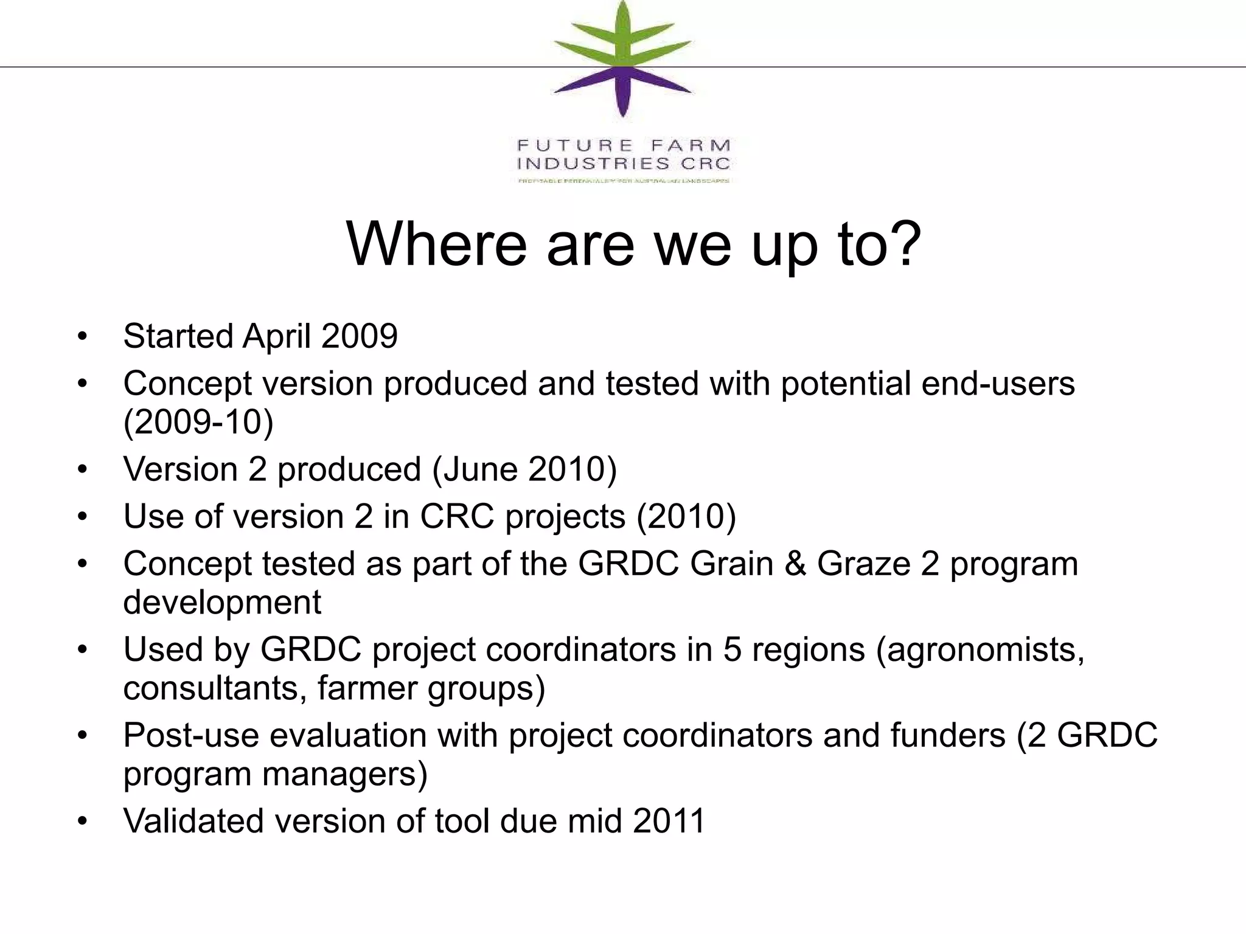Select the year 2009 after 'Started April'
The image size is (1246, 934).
coord(359,336)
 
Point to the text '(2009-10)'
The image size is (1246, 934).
coord(198,421)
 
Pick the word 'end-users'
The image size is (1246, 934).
coord(998,383)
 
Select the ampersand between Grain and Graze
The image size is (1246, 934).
coord(795,564)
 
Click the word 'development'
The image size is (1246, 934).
coord(222,602)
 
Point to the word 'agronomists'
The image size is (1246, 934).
coord(980,649)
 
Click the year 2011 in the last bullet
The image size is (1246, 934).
coord(669,821)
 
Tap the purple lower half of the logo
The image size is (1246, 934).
coord(622,91)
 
